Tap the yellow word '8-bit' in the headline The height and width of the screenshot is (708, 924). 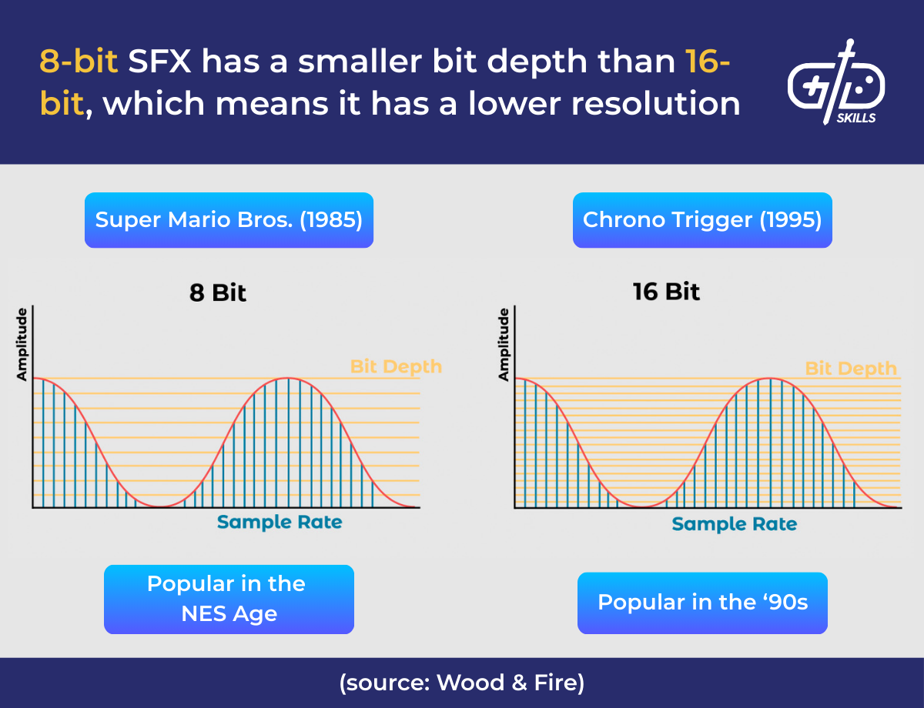pos(79,62)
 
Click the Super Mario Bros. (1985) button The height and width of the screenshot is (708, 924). pos(229,220)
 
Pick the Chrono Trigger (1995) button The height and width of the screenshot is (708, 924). pos(702,220)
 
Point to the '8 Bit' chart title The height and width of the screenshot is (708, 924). pos(218,293)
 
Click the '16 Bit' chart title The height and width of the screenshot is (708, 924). pos(666,292)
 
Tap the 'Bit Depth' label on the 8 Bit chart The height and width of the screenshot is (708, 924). pos(396,366)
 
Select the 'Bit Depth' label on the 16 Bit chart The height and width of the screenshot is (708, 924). pos(851,369)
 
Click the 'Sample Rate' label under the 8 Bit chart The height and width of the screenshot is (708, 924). pos(280,523)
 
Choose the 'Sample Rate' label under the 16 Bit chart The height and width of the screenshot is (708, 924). pos(734,524)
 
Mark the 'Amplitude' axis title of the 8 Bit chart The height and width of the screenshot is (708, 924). pos(22,343)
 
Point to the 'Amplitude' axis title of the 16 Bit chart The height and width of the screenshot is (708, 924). pos(504,344)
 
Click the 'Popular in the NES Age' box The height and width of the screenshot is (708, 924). pos(229,599)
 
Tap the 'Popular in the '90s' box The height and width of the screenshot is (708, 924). pos(702,602)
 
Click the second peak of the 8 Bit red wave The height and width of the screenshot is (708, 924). pos(288,378)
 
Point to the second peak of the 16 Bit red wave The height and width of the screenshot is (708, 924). pos(770,378)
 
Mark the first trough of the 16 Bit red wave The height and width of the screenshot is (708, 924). pos(643,507)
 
